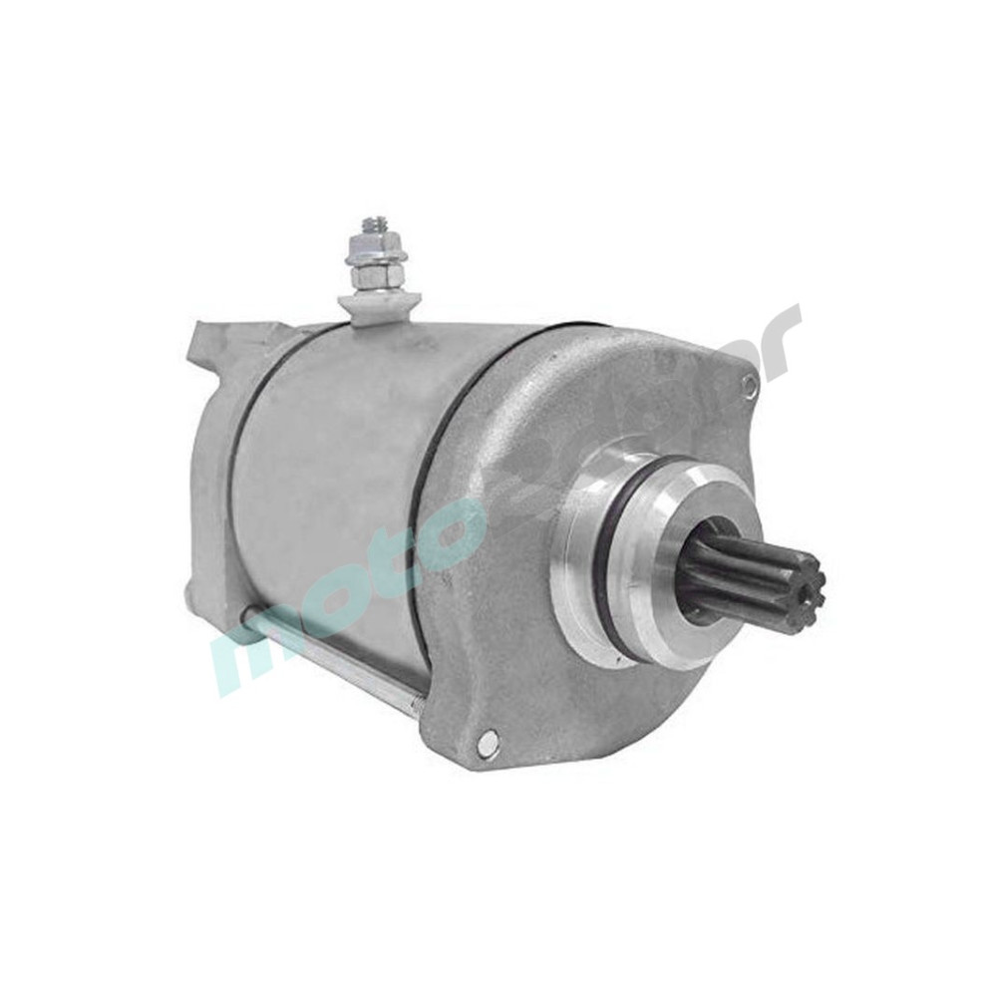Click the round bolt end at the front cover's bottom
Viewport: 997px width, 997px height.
click(487, 741)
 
